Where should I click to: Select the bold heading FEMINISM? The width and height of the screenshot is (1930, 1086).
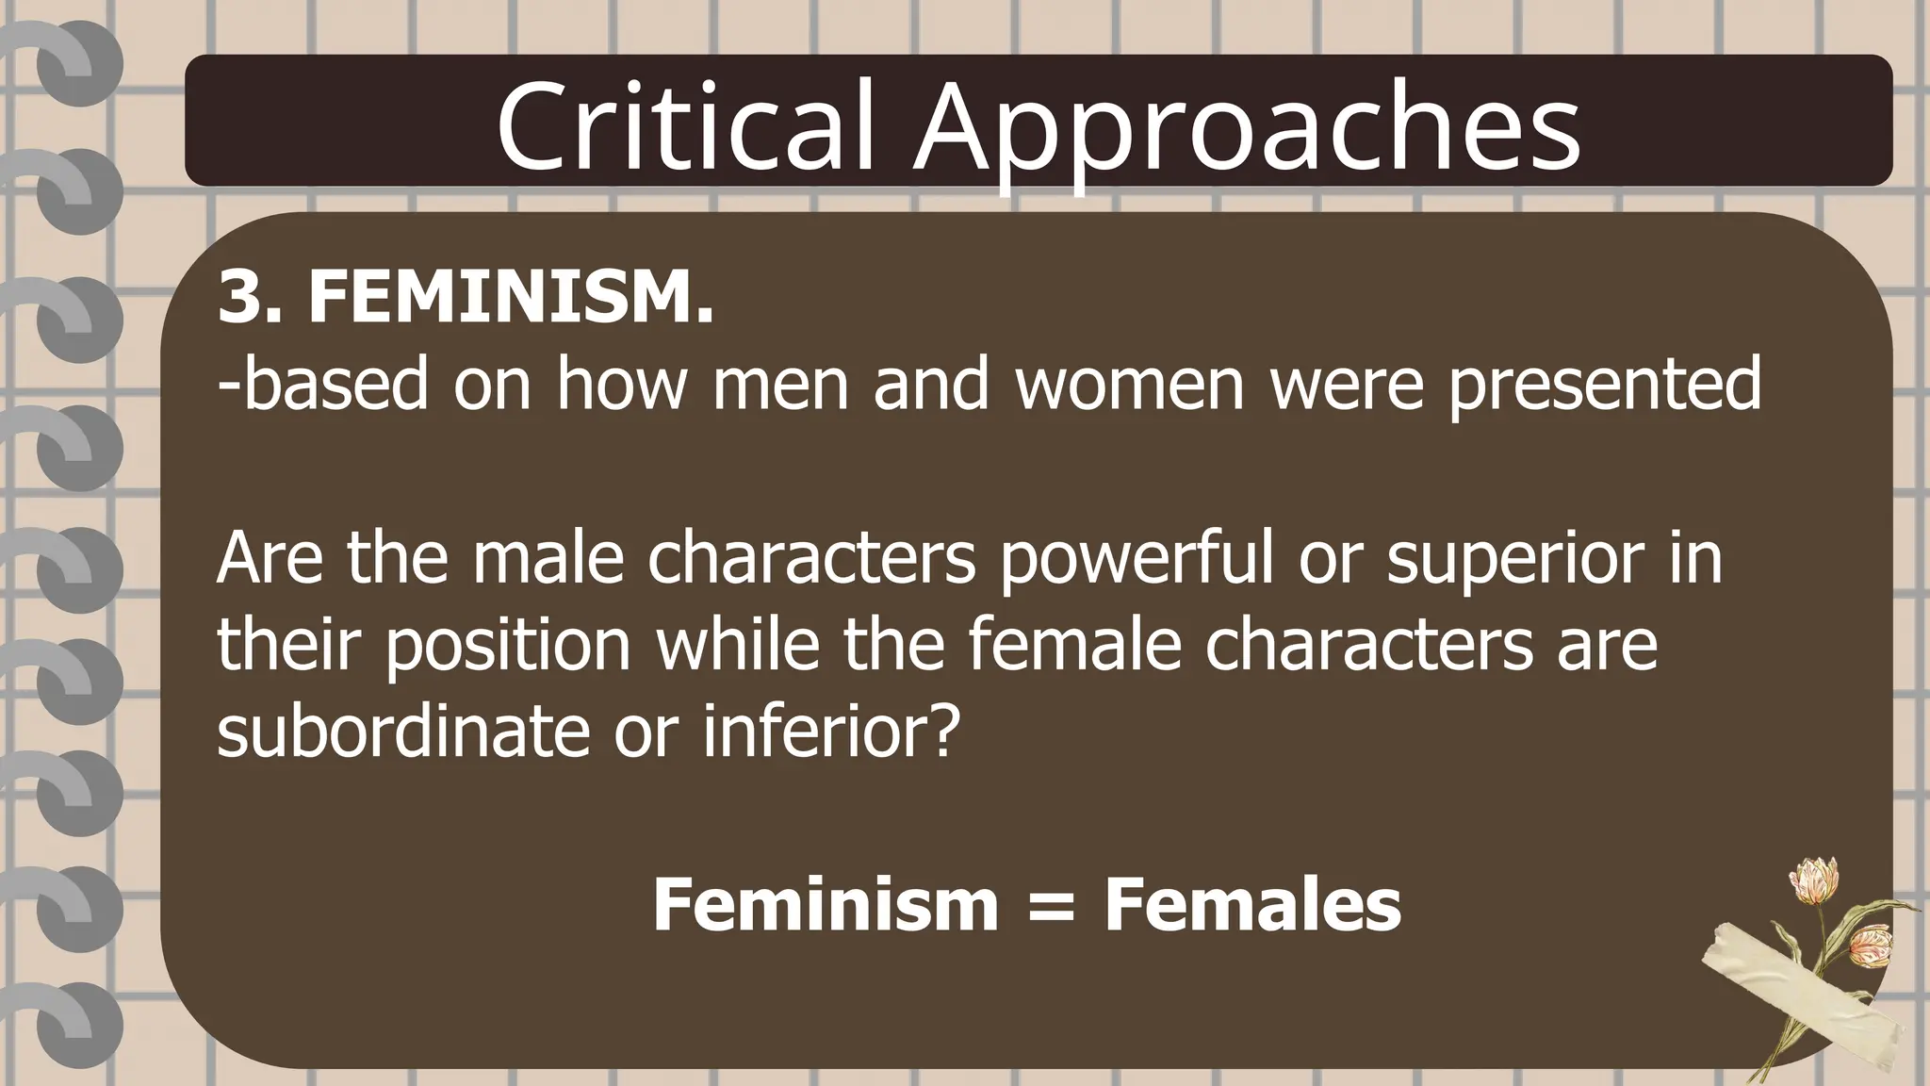[511, 296]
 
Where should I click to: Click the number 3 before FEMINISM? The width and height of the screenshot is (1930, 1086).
[237, 296]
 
